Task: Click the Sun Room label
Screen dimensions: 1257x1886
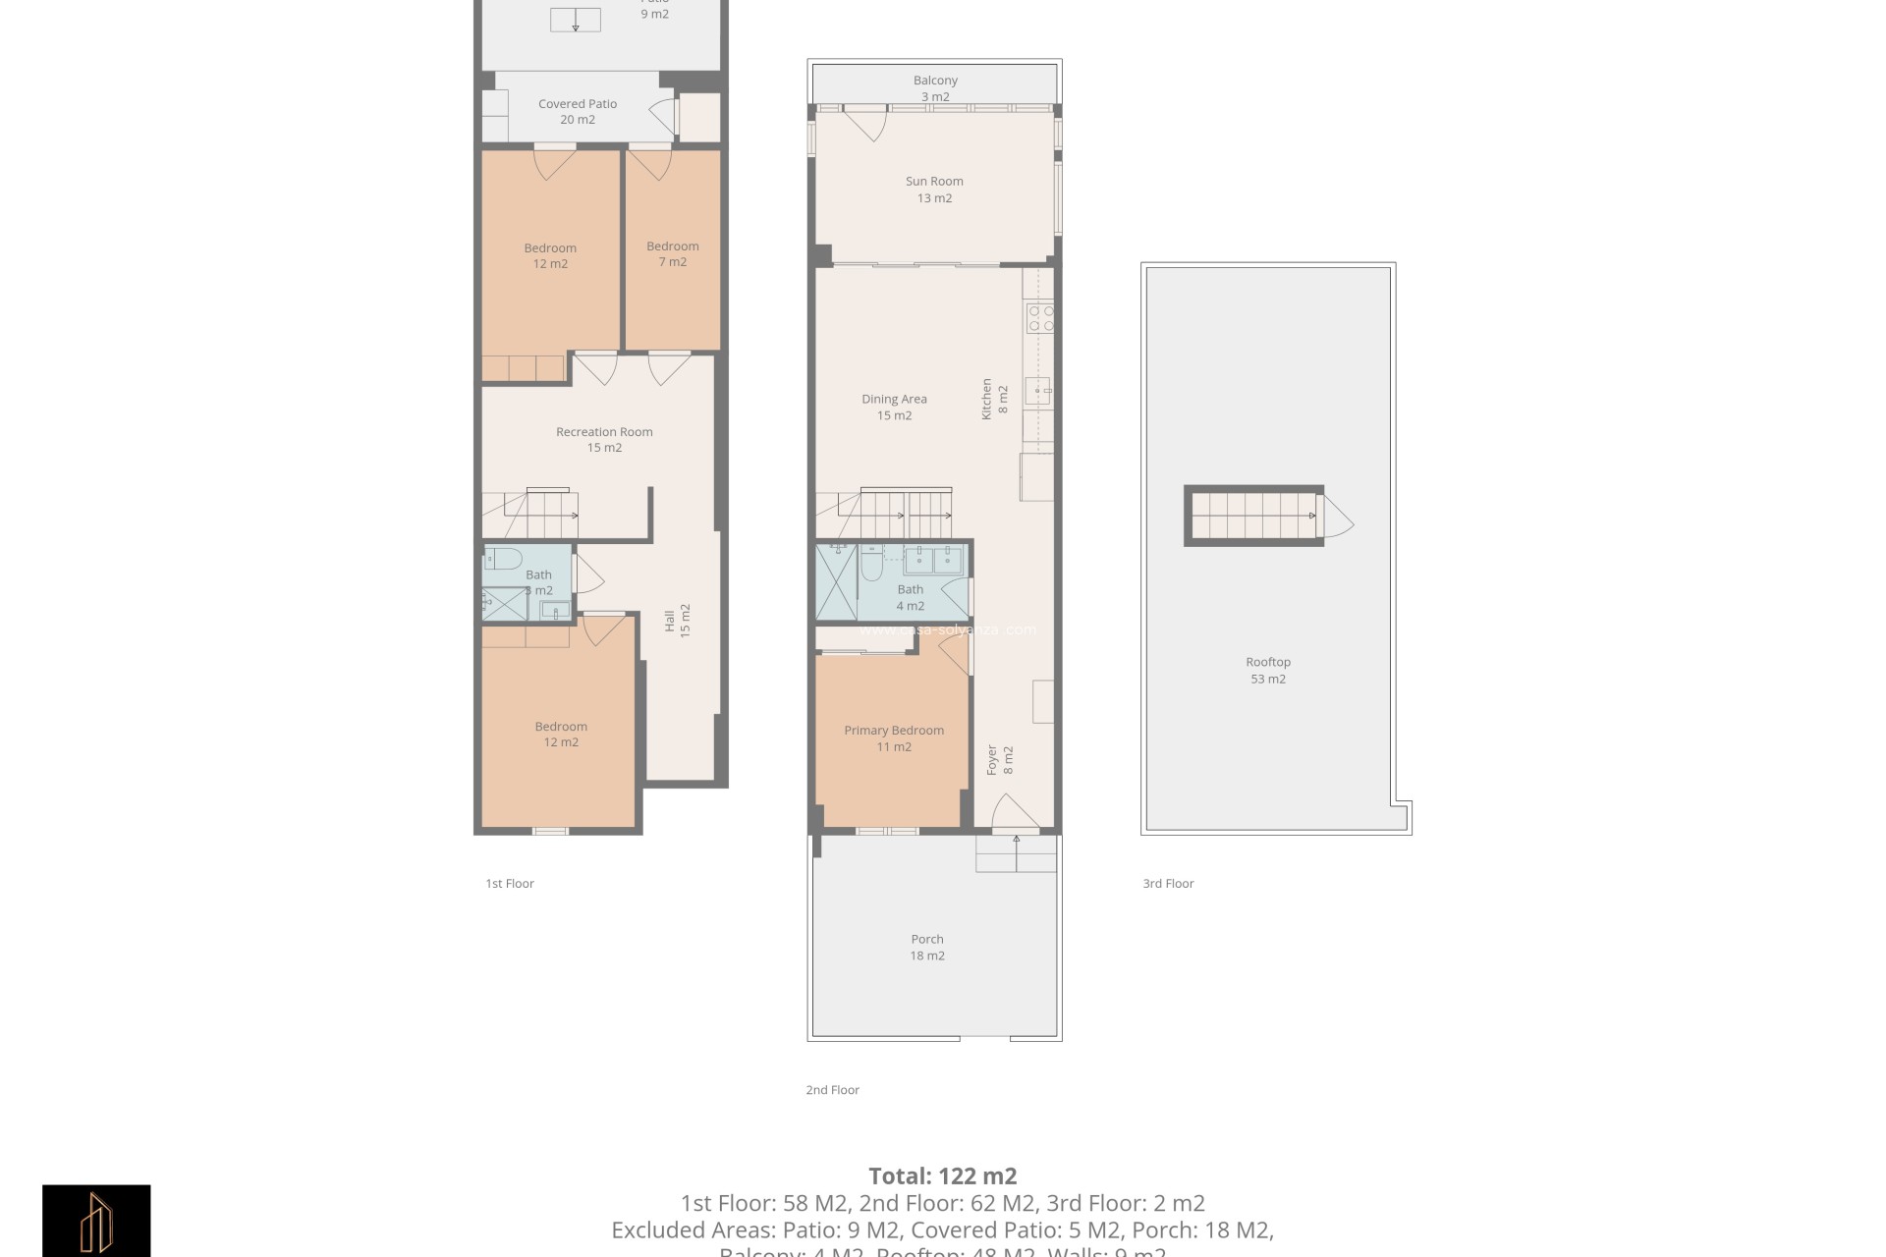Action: coord(934,190)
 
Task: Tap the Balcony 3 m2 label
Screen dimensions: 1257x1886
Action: coord(935,88)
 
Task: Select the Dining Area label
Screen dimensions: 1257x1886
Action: coord(894,407)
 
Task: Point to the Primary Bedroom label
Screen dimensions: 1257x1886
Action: coord(894,738)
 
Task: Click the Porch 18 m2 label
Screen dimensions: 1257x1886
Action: coord(927,947)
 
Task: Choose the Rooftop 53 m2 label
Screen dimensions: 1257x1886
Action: coord(1268,670)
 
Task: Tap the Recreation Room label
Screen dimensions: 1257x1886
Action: coord(604,439)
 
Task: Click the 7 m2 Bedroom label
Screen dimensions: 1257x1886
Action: coord(673,253)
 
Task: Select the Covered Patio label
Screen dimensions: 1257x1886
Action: coord(578,111)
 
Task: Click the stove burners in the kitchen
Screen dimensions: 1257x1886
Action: coord(1039,318)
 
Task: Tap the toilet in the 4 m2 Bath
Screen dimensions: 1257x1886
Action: coord(871,566)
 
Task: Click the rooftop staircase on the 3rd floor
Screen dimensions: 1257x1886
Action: coord(1253,516)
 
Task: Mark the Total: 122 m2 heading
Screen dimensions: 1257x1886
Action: coord(942,1175)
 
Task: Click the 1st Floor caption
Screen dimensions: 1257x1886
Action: coord(510,883)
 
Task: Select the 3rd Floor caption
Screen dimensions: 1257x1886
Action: coord(1168,883)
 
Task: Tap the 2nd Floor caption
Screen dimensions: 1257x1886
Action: coord(832,1089)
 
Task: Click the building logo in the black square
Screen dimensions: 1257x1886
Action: coord(96,1221)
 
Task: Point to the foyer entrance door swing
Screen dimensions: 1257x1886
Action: coord(1014,813)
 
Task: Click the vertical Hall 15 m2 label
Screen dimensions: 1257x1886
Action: coord(678,621)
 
